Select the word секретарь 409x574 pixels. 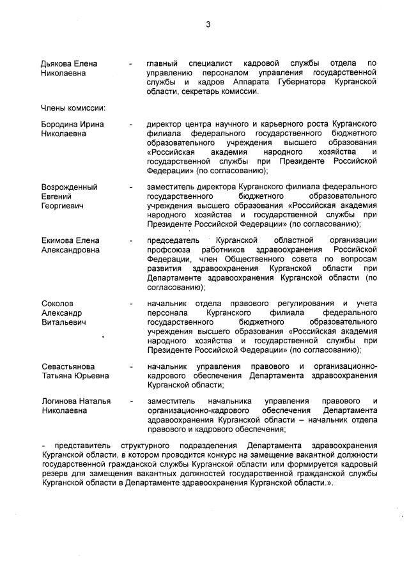click(x=204, y=91)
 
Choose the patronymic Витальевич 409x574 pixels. click(x=63, y=322)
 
